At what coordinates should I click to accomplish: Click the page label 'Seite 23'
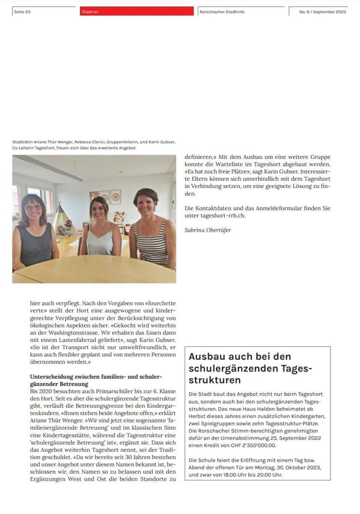(22, 12)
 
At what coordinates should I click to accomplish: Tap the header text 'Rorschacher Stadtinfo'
(222, 12)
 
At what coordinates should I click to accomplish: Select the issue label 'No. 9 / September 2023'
(322, 12)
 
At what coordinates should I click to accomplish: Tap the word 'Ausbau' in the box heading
(205, 356)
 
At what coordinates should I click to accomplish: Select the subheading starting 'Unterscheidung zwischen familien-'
(96, 377)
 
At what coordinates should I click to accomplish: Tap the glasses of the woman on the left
(33, 207)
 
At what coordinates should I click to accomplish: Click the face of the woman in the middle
(99, 209)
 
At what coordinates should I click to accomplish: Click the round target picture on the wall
(116, 197)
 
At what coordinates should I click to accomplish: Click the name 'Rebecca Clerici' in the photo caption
(91, 142)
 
